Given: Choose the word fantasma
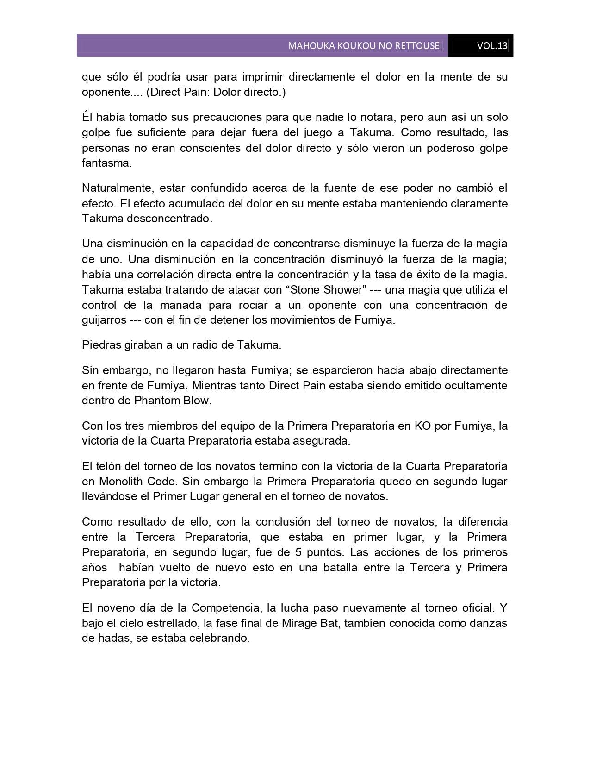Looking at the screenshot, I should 106,163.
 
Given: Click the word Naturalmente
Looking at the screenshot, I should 117,188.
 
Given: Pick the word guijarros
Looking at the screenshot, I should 104,320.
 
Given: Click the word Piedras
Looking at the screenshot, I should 99,345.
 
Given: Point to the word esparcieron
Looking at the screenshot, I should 338,370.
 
